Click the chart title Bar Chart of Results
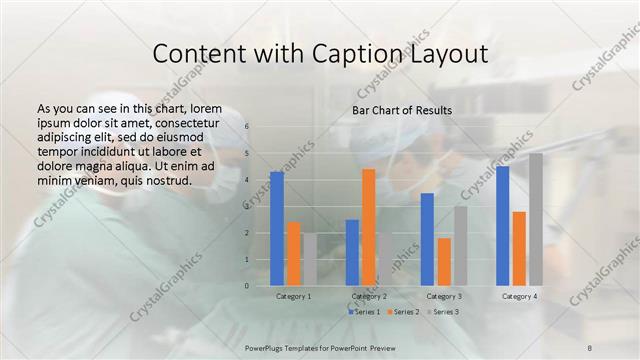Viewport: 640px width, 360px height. click(401, 110)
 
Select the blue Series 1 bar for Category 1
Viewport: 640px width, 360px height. click(277, 228)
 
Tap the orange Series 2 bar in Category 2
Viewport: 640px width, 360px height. click(368, 227)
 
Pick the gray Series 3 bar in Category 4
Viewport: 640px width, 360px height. click(536, 219)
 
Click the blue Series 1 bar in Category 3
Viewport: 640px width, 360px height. click(427, 239)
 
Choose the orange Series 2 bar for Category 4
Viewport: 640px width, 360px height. click(519, 248)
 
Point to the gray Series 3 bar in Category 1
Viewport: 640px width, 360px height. click(310, 259)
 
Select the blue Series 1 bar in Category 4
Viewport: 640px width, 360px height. click(502, 225)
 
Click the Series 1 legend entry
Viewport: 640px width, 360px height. click(364, 313)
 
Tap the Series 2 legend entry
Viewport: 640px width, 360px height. click(405, 313)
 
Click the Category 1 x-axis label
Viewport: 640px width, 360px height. click(293, 297)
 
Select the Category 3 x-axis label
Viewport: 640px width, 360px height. click(444, 297)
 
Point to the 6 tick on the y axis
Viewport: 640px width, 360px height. click(246, 127)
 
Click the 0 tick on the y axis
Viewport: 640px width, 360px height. click(246, 286)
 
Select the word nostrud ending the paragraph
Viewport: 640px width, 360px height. click(168, 180)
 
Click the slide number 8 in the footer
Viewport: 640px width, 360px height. click(590, 346)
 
